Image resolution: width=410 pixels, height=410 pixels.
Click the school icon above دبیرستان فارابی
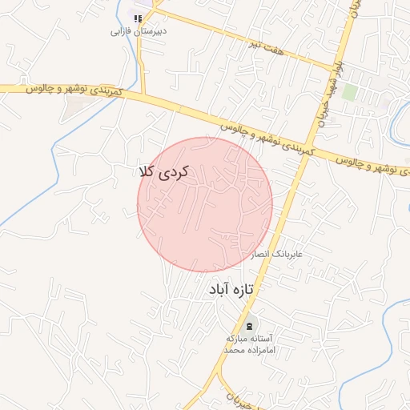tap(138, 18)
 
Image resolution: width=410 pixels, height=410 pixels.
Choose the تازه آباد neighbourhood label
tap(231, 288)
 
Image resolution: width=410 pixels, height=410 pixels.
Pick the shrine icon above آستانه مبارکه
tap(251, 325)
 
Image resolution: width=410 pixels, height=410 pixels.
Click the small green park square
tap(349, 91)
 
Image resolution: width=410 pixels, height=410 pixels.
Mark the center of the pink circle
tap(205, 204)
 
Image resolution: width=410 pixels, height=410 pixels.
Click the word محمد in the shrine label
tap(232, 351)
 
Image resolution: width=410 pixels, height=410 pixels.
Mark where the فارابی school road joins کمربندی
tap(145, 94)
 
